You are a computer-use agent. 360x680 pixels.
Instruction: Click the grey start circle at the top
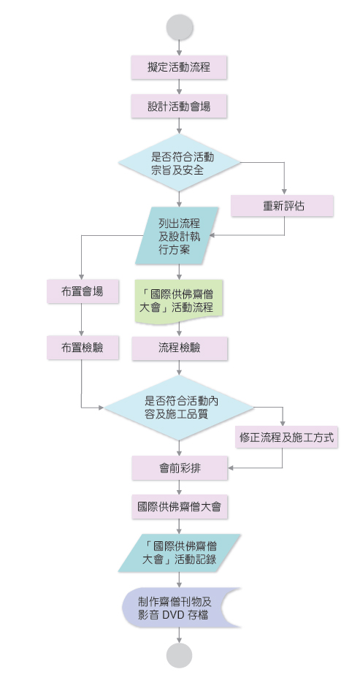click(x=179, y=27)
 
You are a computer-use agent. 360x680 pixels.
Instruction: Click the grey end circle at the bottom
click(x=179, y=655)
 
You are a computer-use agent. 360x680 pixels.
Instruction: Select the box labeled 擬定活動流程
click(x=179, y=67)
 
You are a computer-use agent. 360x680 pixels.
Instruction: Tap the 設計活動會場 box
click(x=179, y=106)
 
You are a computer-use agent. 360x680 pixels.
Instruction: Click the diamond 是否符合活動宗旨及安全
click(x=179, y=163)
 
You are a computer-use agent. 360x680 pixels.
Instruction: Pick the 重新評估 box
click(x=283, y=205)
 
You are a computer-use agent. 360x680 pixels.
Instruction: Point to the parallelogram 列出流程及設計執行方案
click(x=177, y=235)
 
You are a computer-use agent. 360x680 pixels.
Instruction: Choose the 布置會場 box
click(x=83, y=291)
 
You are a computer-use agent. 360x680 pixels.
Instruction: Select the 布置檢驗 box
click(x=83, y=348)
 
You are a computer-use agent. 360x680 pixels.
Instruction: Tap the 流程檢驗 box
click(x=180, y=348)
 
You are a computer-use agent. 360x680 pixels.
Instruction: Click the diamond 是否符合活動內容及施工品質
click(x=179, y=408)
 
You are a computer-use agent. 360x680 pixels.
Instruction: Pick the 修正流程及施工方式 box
click(x=287, y=437)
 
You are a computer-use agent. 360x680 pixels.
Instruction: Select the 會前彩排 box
click(x=180, y=468)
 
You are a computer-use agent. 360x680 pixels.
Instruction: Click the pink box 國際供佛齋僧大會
click(x=180, y=507)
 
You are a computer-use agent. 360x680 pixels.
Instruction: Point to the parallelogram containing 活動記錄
click(x=180, y=553)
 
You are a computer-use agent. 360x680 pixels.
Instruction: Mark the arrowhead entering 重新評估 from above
click(x=285, y=192)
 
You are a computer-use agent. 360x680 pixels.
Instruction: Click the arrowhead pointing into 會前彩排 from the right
click(x=231, y=468)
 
